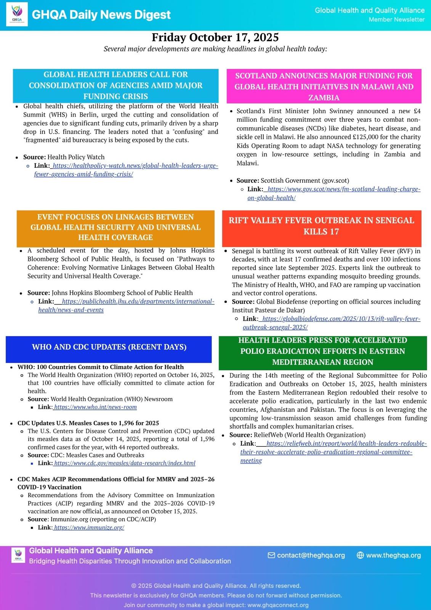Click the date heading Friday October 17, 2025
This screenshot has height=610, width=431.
tap(215, 37)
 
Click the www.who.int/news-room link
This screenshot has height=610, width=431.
tap(95, 407)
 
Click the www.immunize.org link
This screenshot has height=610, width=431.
tap(89, 528)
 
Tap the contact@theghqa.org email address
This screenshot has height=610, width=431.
tap(311, 555)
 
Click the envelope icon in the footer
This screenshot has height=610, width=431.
tap(271, 555)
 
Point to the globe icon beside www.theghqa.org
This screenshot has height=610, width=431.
tap(360, 555)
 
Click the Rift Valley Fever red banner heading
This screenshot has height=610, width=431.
tap(321, 226)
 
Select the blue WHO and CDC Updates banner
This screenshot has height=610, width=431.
tap(109, 347)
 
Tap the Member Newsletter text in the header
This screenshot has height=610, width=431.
tap(396, 19)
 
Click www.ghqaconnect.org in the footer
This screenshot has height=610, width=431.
tap(278, 605)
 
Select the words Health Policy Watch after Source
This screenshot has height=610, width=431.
tap(76, 157)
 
